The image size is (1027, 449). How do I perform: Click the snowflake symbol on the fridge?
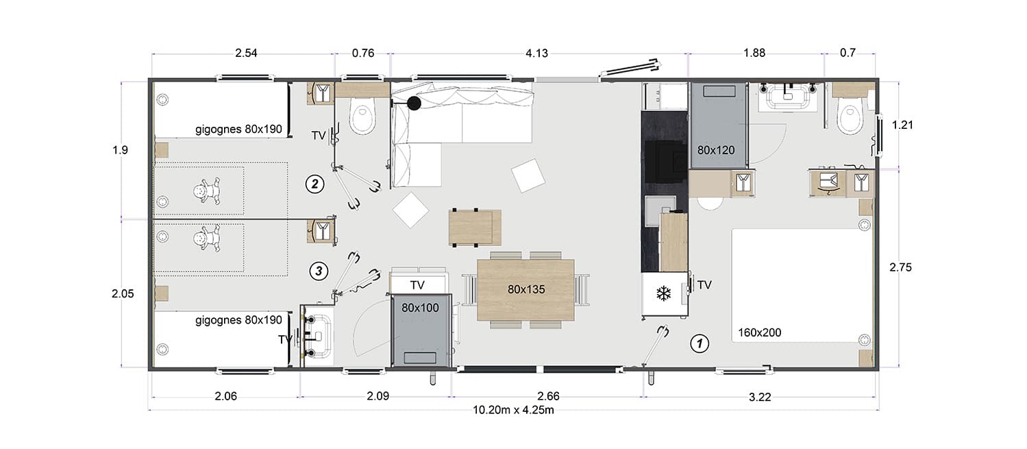(663, 293)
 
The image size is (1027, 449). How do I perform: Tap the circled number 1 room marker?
(700, 343)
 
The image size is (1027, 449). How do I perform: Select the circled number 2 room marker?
(315, 184)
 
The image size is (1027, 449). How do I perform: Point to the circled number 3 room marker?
(319, 271)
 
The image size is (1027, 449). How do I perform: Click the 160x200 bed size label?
(759, 332)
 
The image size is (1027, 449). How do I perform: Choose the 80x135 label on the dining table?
(526, 289)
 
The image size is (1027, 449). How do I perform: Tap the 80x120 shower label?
(716, 150)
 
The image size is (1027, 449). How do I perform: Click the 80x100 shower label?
(420, 308)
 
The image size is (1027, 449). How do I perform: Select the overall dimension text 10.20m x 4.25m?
(513, 409)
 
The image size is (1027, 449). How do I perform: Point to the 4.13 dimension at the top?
(536, 53)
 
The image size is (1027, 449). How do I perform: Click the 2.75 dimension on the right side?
(900, 267)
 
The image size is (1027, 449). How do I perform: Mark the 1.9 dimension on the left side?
(120, 150)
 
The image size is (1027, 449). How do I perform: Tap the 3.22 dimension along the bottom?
(760, 397)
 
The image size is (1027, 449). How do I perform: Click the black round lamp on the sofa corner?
(414, 104)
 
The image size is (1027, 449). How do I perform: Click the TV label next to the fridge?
(704, 284)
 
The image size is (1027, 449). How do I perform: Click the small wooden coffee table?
(475, 228)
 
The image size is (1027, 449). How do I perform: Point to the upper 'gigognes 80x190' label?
(238, 130)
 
